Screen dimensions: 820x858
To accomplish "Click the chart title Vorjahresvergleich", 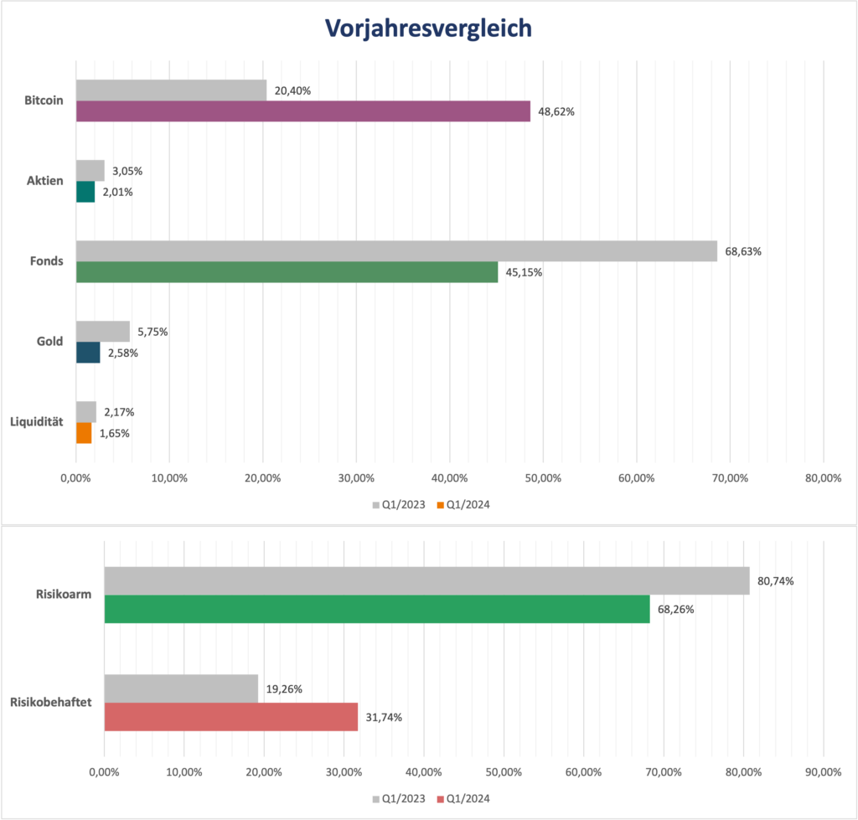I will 428,28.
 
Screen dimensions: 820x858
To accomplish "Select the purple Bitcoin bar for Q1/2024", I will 302,111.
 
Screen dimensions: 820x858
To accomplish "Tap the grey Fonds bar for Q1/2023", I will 396,251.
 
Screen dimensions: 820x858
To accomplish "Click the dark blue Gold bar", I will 88,353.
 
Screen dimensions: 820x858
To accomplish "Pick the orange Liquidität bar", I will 84,433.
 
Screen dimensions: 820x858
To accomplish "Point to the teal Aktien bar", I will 85,192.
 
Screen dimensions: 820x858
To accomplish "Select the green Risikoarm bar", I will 376,609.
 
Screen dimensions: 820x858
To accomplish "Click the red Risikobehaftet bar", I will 230,717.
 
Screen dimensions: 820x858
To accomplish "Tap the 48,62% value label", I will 556,111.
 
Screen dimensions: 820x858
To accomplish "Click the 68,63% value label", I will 743,251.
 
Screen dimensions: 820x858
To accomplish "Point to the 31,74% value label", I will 384,718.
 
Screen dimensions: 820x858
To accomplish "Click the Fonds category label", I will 47,261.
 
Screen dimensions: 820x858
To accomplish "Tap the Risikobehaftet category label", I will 51,703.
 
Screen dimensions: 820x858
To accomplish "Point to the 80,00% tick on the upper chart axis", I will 822,477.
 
